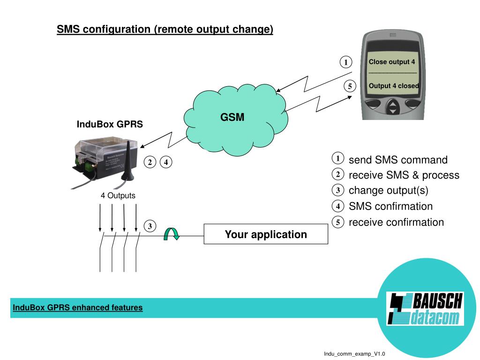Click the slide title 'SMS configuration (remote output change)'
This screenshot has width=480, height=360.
pos(165,30)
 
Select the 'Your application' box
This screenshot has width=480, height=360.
pos(266,234)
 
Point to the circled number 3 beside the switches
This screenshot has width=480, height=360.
pos(150,226)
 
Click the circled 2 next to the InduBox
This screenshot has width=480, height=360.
pos(150,163)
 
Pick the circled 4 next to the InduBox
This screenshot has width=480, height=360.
pos(166,163)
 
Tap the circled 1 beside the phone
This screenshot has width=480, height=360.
pos(346,62)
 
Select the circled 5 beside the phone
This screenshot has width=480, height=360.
pos(349,86)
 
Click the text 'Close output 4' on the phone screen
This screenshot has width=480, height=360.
pos(392,61)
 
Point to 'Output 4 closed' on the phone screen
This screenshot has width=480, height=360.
pos(394,86)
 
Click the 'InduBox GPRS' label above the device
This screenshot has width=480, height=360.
pos(110,125)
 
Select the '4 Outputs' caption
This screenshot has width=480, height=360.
pos(118,195)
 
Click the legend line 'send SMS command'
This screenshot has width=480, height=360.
pos(398,160)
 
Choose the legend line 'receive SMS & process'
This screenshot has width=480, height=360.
pos(404,175)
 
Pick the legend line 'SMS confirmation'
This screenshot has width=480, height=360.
pos(390,206)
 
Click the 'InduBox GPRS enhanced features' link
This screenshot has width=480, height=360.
pos(78,307)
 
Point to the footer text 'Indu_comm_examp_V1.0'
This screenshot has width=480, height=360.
pos(354,353)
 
